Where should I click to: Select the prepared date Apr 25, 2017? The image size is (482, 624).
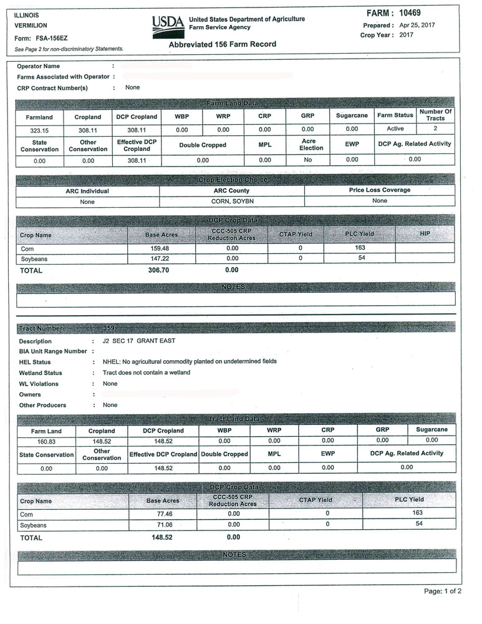[x=417, y=25]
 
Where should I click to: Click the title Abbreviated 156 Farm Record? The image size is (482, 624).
[x=222, y=45]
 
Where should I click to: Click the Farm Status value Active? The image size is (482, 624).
[x=395, y=129]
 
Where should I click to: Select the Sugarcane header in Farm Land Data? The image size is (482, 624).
[x=352, y=116]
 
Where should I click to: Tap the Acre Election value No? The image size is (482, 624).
[x=308, y=160]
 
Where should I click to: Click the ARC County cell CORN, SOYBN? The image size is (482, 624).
[x=231, y=202]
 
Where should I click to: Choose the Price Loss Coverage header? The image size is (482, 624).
[x=380, y=190]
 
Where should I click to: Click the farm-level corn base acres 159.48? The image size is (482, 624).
[x=161, y=248]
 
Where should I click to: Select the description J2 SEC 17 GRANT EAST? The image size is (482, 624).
[x=139, y=341]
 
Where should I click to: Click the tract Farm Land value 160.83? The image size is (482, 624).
[x=46, y=441]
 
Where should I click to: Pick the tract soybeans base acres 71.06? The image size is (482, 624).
[x=163, y=525]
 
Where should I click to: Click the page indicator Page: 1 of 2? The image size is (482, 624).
[x=442, y=592]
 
